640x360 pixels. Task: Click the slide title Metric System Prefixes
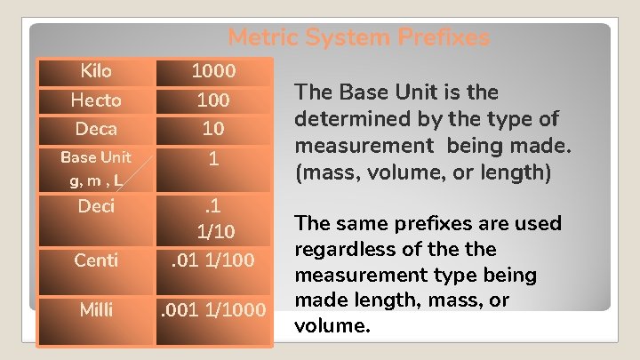coord(358,38)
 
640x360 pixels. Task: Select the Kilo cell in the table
coord(96,70)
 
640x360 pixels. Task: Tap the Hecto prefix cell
coord(96,100)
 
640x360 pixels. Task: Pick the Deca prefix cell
coord(96,129)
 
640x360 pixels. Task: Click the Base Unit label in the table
coord(95,157)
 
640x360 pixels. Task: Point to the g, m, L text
coord(95,181)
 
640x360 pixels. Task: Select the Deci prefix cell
coord(96,207)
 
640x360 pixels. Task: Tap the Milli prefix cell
coord(96,308)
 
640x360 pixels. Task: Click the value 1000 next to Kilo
coord(213,70)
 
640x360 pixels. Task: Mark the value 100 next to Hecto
coord(213,100)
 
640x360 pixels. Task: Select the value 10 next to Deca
coord(213,129)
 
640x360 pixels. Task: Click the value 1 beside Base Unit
coord(213,159)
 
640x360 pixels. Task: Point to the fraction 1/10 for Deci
coord(213,233)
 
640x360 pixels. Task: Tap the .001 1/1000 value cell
coord(213,309)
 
